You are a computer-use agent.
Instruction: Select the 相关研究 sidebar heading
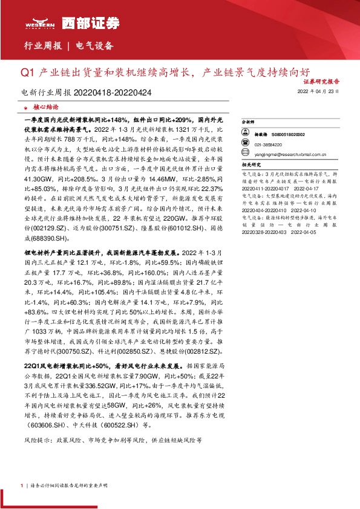pos(250,164)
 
